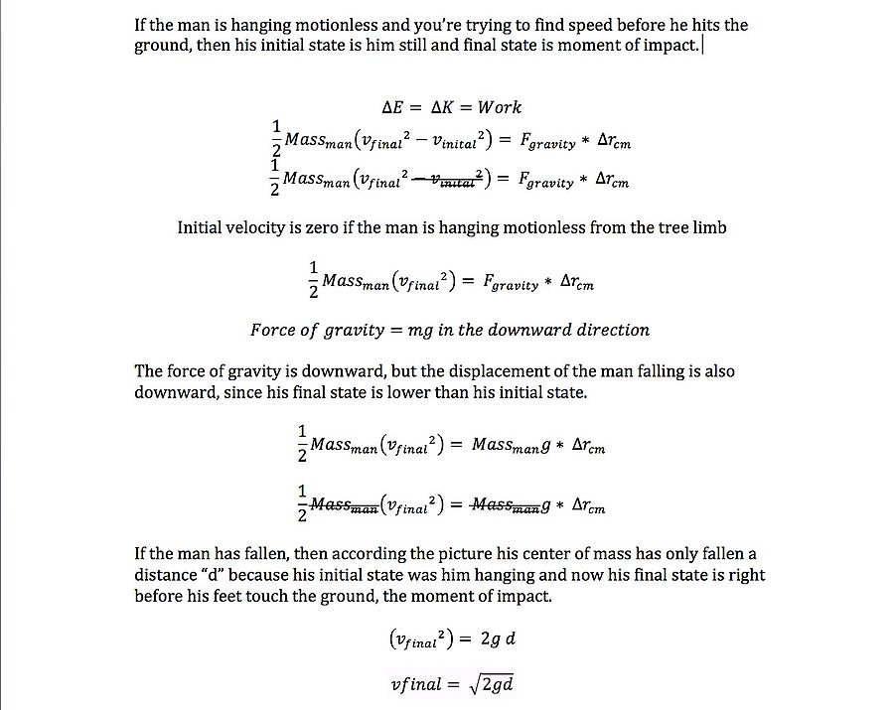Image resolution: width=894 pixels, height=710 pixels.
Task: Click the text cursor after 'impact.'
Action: (703, 46)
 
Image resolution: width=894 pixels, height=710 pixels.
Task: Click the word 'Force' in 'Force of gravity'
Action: (272, 330)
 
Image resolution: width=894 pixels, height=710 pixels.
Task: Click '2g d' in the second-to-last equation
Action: (498, 639)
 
